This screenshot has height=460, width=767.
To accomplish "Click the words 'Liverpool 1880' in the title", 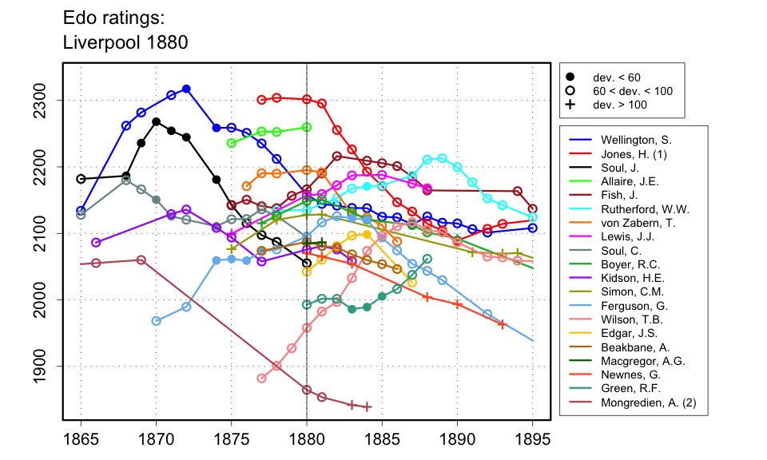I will point(125,43).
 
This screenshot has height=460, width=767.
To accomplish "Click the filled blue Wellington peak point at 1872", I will point(186,89).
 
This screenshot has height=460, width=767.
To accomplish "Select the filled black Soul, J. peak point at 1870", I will point(157,121).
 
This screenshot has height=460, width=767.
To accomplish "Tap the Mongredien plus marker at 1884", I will point(368,407).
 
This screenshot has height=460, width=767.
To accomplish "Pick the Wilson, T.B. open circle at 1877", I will point(261,379).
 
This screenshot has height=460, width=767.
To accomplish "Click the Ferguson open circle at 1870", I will point(157,321).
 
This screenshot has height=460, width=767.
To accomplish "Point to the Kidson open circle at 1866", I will point(96,242).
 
